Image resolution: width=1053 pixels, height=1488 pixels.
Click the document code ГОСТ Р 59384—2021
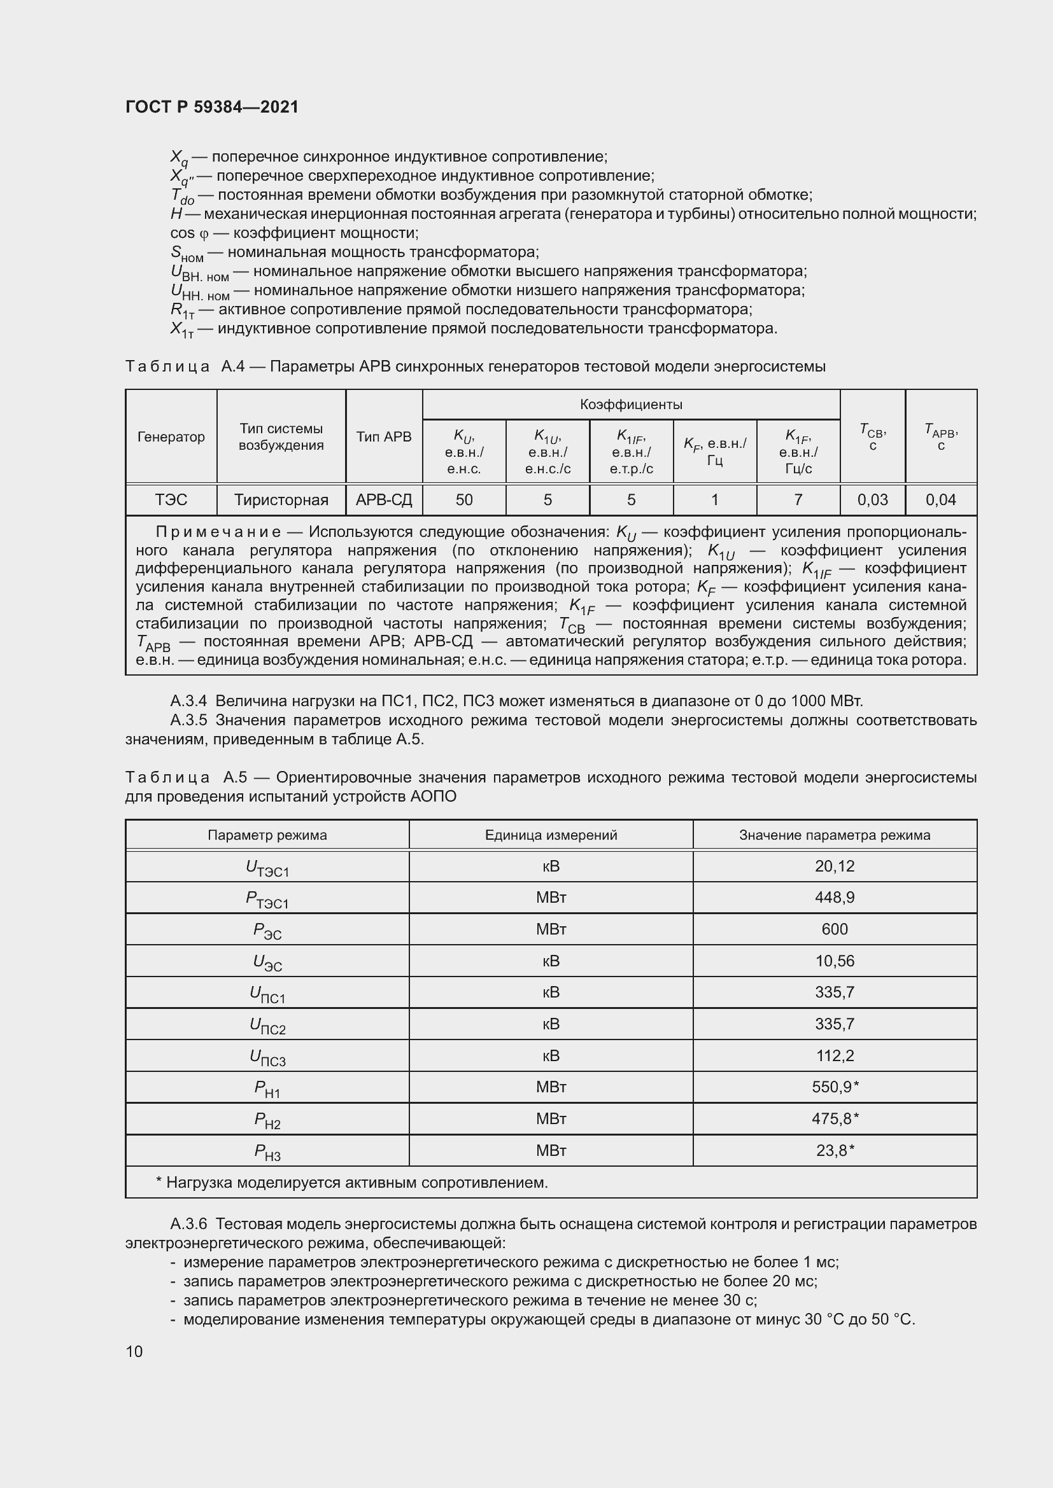212,107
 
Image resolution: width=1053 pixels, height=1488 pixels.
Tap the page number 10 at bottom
134,1351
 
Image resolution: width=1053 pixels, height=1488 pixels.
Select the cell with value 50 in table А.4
463,499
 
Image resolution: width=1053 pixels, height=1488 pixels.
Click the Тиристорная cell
281,499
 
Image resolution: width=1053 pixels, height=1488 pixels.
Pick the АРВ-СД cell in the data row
384,499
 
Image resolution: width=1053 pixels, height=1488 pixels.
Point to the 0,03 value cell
872,499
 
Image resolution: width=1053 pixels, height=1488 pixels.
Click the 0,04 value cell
940,499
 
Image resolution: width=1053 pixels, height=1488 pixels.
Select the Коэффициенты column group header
631,405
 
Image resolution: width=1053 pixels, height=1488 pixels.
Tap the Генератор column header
171,437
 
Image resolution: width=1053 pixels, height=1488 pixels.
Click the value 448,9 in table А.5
835,898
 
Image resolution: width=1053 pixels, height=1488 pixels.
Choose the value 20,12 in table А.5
835,866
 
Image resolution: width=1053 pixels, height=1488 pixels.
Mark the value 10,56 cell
835,961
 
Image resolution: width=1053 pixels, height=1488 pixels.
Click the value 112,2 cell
835,1056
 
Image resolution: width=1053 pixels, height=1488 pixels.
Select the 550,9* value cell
835,1087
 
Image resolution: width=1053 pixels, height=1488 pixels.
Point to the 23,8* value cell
835,1150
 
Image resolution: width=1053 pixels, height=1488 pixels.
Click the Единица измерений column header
551,835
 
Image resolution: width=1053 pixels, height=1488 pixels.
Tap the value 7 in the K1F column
798,499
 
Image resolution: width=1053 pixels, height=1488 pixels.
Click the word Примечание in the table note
218,532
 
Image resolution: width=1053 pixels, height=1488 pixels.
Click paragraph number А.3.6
188,1224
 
